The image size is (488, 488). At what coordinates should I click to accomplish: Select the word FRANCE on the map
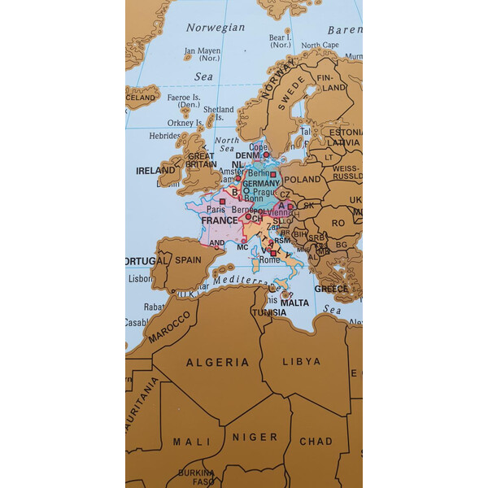coord(220,220)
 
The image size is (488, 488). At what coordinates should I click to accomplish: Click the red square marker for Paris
coord(223,200)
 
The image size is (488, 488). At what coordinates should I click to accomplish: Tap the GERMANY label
coord(261,185)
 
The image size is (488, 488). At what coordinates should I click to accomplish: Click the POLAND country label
coord(303,179)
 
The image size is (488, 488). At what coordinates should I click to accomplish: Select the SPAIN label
coord(188,260)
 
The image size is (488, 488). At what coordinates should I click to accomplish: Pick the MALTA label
coord(294,303)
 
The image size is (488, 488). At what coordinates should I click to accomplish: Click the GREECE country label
coord(331,289)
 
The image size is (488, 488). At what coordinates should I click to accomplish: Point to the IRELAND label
coord(155,172)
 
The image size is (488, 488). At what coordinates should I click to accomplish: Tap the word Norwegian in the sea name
coord(216,27)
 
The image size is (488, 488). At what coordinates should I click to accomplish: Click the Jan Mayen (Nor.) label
coord(202,54)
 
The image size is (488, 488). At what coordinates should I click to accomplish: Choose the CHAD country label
coord(316,441)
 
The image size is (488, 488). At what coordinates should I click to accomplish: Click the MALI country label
coord(191,442)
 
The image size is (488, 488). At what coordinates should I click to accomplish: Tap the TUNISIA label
coord(268,312)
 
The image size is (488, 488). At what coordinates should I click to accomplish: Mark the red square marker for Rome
coord(272,252)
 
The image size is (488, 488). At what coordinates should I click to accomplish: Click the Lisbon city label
coord(140,277)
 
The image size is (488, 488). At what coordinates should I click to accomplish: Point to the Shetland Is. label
coord(218,113)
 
